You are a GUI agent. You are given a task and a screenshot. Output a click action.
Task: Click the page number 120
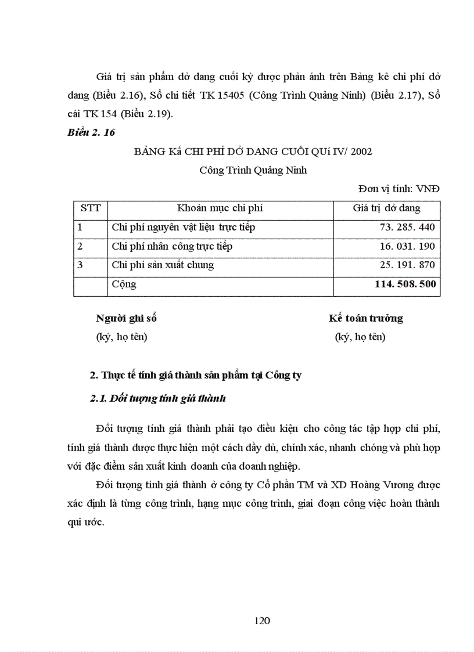[x=263, y=620]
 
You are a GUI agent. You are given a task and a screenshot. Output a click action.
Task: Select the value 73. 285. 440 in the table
[x=407, y=228]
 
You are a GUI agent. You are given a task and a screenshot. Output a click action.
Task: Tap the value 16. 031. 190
[x=407, y=246]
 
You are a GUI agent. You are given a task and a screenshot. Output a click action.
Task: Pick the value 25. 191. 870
[x=407, y=265]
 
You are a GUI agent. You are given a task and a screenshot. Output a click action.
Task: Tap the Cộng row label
[x=124, y=284]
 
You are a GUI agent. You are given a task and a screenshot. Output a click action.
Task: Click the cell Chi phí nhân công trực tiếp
[x=172, y=246]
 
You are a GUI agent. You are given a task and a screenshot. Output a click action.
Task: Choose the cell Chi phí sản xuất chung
[x=163, y=265]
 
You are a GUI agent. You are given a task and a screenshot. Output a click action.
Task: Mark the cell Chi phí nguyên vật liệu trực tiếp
[x=183, y=228]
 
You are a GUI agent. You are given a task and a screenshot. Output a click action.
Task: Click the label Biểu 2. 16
[x=91, y=133]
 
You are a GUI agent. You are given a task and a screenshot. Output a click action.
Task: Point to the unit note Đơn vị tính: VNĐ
[x=399, y=189]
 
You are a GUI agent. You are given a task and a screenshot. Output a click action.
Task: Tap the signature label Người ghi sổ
[x=126, y=318]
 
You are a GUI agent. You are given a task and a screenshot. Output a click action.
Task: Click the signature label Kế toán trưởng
[x=365, y=318]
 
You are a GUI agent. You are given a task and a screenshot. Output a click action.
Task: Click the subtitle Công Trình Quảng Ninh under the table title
[x=253, y=171]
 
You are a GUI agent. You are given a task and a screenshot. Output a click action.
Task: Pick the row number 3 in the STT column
[x=80, y=265]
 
